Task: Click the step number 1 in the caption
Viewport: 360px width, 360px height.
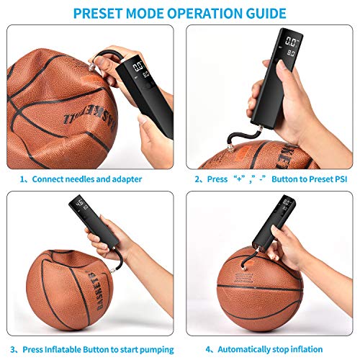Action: (x=23, y=179)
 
